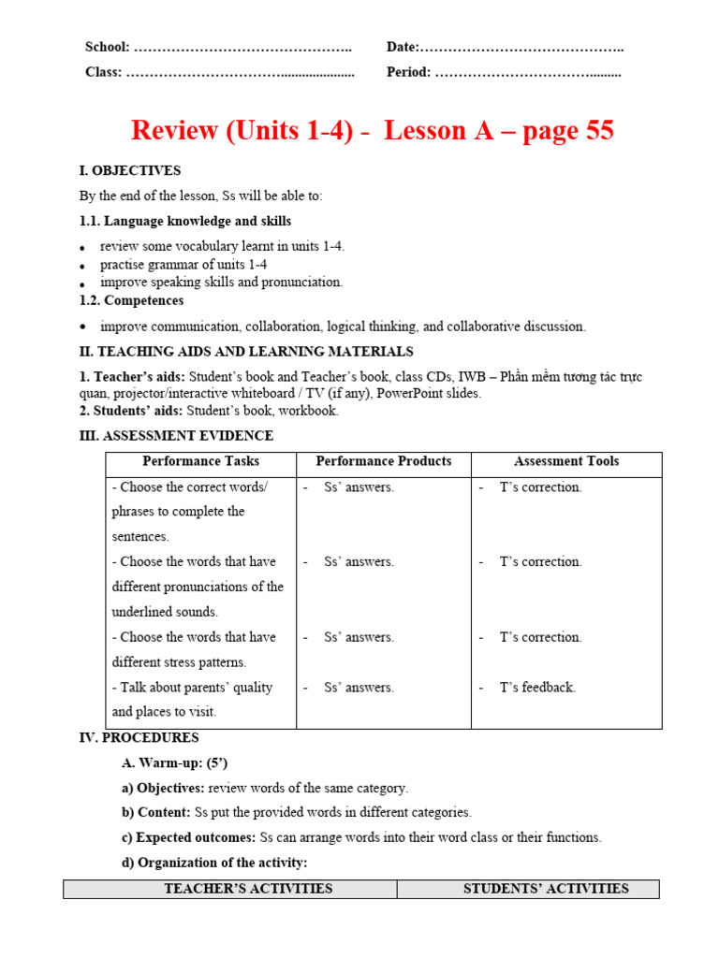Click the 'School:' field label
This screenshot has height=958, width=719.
pyautogui.click(x=108, y=48)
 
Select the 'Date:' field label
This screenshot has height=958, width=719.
pyautogui.click(x=403, y=48)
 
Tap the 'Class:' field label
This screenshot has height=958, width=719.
pyautogui.click(x=104, y=72)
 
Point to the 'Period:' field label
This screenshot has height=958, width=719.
pyautogui.click(x=409, y=72)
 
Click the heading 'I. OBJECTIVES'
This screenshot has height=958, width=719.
pyautogui.click(x=130, y=171)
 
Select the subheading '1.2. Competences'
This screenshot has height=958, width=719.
pyautogui.click(x=131, y=301)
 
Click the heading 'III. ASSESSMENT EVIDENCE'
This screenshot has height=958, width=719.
pyautogui.click(x=176, y=436)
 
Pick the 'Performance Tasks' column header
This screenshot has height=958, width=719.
pyautogui.click(x=200, y=461)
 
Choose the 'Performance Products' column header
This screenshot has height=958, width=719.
pyautogui.click(x=383, y=461)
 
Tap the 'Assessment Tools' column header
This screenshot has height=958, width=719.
pyautogui.click(x=565, y=461)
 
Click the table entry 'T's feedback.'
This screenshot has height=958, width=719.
pyautogui.click(x=537, y=688)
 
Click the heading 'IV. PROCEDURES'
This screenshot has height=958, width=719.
pyautogui.click(x=139, y=738)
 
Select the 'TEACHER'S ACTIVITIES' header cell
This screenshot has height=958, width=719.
pyautogui.click(x=248, y=889)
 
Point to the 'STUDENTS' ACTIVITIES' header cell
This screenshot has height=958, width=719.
pyautogui.click(x=546, y=889)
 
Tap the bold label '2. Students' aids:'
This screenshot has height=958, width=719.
pyautogui.click(x=131, y=411)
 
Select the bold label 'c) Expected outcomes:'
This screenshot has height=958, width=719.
pyautogui.click(x=189, y=838)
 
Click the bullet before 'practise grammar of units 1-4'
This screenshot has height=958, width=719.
pyautogui.click(x=83, y=267)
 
